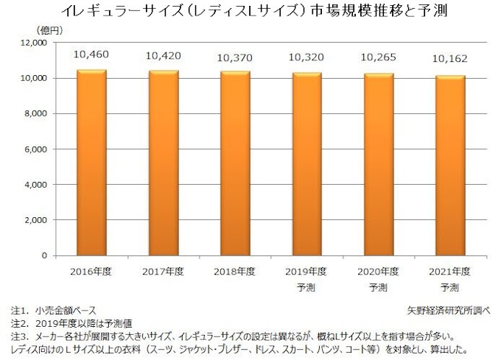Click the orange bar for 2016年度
click(x=91, y=162)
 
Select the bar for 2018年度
click(x=235, y=163)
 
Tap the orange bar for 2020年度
click(x=379, y=164)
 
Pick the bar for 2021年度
click(x=450, y=166)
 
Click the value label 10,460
click(x=91, y=55)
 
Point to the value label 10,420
click(x=163, y=56)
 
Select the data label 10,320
click(x=306, y=57)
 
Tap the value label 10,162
click(x=450, y=60)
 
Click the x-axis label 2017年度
click(x=163, y=271)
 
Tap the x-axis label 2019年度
click(x=306, y=271)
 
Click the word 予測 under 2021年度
click(x=450, y=286)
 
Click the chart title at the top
click(x=251, y=12)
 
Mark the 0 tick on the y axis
click(x=44, y=255)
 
